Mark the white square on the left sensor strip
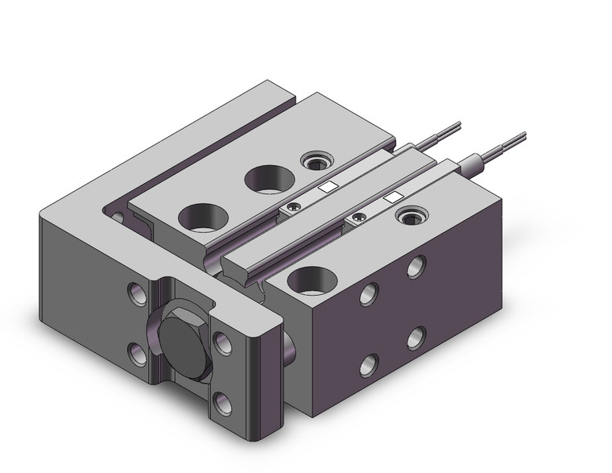326,188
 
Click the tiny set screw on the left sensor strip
292,206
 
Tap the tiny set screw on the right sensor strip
357,217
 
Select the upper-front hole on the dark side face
371,293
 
